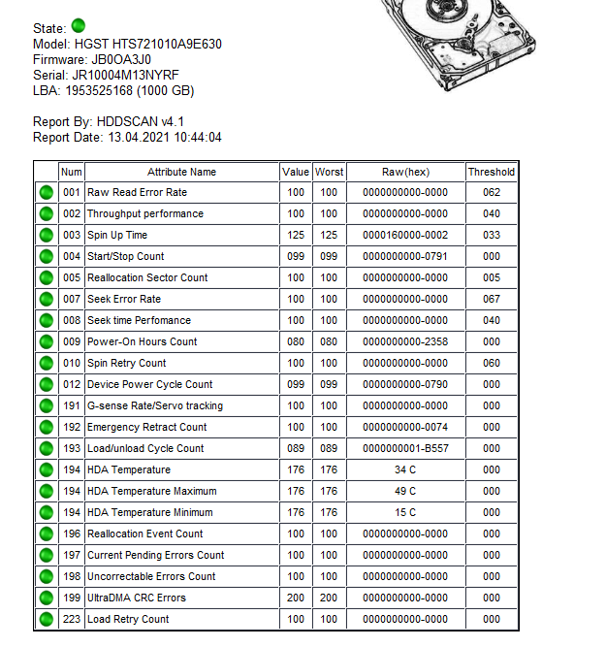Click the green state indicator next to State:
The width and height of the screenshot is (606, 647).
point(79,25)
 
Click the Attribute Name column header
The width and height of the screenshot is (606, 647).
point(181,172)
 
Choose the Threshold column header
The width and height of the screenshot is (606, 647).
point(492,172)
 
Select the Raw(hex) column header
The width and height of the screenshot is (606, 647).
point(405,172)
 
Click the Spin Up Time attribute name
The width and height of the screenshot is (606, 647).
point(117,235)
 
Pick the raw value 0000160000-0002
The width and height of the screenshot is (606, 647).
point(405,235)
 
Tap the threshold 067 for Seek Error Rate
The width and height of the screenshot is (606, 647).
point(492,299)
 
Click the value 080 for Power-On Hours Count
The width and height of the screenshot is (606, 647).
point(296,341)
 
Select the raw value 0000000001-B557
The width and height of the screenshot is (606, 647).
point(405,448)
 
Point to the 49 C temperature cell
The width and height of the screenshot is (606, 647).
point(405,491)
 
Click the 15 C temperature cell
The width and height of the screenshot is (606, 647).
point(405,512)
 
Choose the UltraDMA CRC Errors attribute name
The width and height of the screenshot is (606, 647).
point(137,598)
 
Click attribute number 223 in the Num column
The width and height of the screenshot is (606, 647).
point(72,619)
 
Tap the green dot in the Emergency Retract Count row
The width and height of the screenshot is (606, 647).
point(46,427)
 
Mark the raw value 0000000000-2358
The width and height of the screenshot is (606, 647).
point(405,341)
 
